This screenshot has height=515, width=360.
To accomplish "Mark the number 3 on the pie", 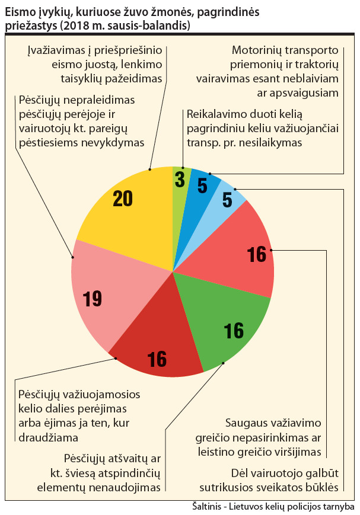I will (180, 180).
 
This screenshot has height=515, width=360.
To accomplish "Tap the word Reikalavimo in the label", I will (215, 114).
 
